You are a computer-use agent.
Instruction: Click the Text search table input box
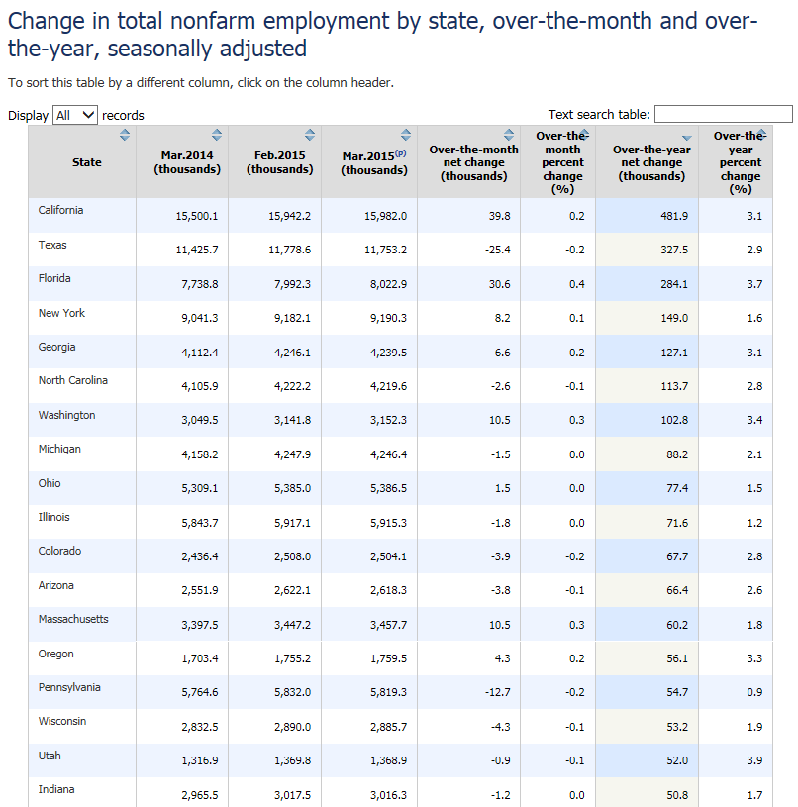coord(723,114)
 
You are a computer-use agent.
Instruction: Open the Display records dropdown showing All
coord(75,115)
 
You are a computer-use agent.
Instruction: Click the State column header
coord(86,162)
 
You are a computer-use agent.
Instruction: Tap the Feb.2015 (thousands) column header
coord(279,162)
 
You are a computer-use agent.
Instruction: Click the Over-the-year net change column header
coord(651,162)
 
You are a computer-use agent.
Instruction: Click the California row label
coord(60,210)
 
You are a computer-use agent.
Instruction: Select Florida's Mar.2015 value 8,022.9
coord(386,284)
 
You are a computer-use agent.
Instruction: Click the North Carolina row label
coord(73,380)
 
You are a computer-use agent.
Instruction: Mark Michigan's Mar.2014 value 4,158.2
coord(198,454)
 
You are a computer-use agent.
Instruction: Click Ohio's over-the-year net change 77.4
coord(677,488)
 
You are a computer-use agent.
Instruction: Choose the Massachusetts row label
coord(73,619)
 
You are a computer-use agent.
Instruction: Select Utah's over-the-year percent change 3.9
coord(754,760)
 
